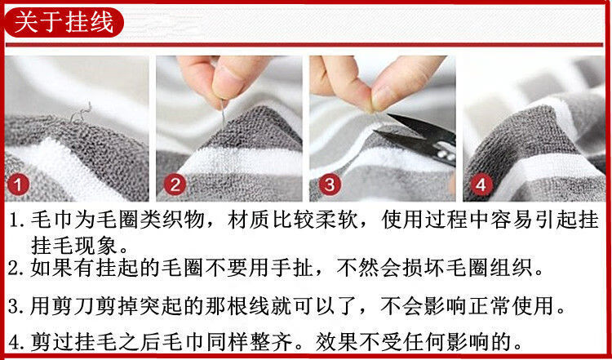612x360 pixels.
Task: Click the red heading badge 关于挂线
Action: click(x=64, y=22)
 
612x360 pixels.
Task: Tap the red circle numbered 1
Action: click(x=18, y=184)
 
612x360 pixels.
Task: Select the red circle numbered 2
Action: click(x=175, y=184)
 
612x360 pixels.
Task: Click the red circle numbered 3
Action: click(x=330, y=184)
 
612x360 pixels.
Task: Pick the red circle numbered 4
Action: click(x=481, y=184)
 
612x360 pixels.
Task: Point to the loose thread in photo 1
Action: click(x=81, y=113)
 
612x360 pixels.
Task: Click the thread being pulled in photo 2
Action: click(x=223, y=113)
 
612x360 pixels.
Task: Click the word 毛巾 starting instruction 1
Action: click(x=49, y=220)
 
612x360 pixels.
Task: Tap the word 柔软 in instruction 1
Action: click(x=339, y=220)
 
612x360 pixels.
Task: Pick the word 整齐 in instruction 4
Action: click(x=275, y=342)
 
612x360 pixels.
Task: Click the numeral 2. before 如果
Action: click(x=18, y=269)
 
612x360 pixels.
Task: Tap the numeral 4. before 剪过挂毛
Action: click(x=18, y=343)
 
